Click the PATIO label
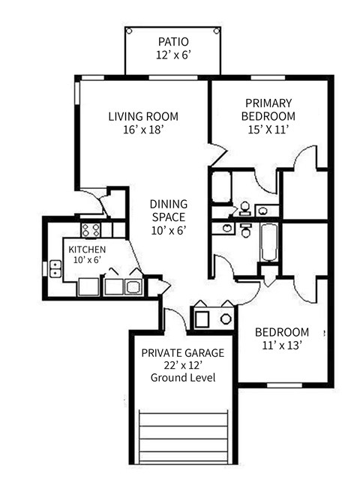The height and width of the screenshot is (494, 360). click(x=173, y=41)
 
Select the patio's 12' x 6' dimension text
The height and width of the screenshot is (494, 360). click(x=173, y=55)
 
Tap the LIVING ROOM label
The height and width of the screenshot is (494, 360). click(x=142, y=116)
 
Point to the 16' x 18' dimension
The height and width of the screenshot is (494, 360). click(x=142, y=130)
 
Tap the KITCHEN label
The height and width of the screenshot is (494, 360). click(x=87, y=249)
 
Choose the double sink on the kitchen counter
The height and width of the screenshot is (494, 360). click(x=124, y=286)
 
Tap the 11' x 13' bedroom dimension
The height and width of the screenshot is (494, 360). click(x=281, y=346)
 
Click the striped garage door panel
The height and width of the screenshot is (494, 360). click(x=184, y=438)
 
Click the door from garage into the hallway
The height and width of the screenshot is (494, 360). click(x=174, y=318)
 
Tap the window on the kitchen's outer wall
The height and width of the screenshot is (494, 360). click(x=55, y=268)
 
